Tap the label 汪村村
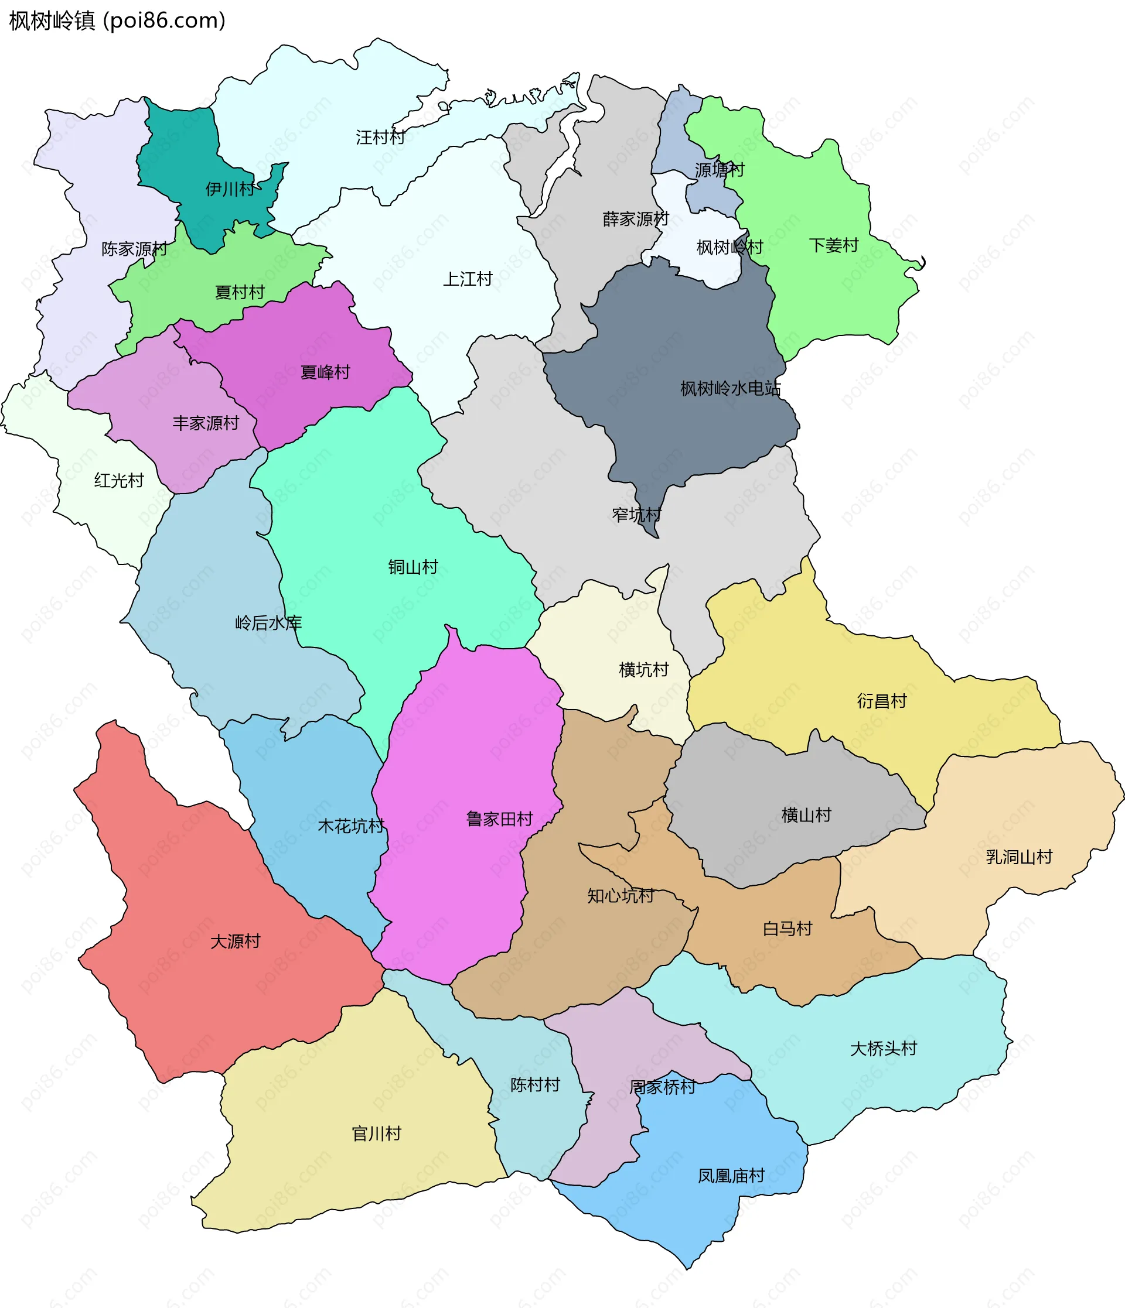pyautogui.click(x=380, y=137)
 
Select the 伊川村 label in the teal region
pyautogui.click(x=230, y=189)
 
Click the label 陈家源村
pyautogui.click(x=134, y=249)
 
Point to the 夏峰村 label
pyautogui.click(x=325, y=372)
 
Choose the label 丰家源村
pyautogui.click(x=205, y=423)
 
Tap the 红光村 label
pyautogui.click(x=119, y=480)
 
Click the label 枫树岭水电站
pyautogui.click(x=730, y=388)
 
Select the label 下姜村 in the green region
pyautogui.click(x=833, y=245)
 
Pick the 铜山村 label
pyautogui.click(x=412, y=567)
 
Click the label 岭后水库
pyautogui.click(x=268, y=623)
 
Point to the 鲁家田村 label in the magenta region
pyautogui.click(x=499, y=819)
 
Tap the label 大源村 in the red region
pyautogui.click(x=235, y=941)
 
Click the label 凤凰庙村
pyautogui.click(x=731, y=1176)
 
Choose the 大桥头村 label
pyautogui.click(x=883, y=1049)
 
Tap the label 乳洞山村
pyautogui.click(x=1019, y=857)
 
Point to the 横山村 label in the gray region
pyautogui.click(x=806, y=815)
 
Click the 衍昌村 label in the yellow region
pyautogui.click(x=881, y=701)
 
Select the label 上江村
pyautogui.click(x=468, y=279)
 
